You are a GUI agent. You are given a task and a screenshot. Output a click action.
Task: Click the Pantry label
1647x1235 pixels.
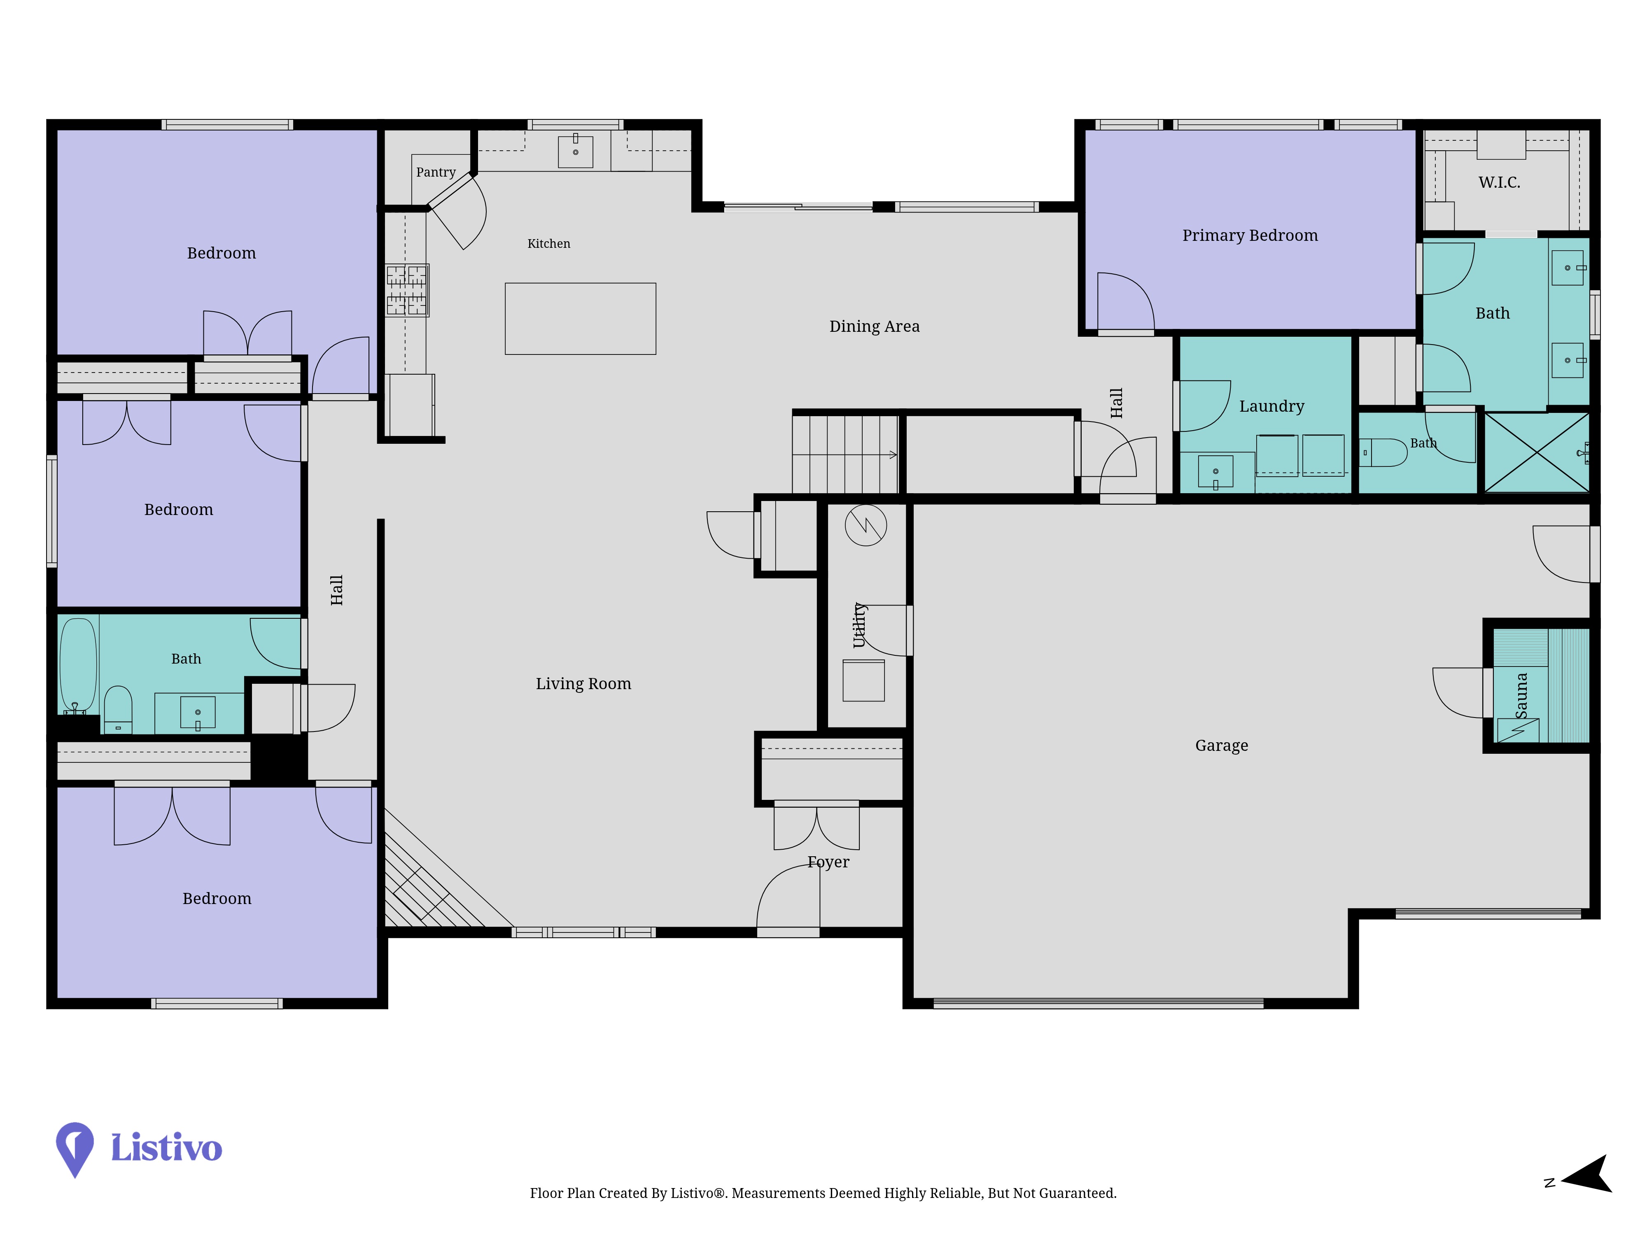pyautogui.click(x=436, y=172)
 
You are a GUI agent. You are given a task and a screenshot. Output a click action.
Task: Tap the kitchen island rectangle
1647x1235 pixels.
pyautogui.click(x=580, y=319)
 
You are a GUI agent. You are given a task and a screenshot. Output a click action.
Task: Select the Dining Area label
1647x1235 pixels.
pyautogui.click(x=874, y=326)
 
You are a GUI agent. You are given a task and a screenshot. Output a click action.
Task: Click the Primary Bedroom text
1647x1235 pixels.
pyautogui.click(x=1249, y=235)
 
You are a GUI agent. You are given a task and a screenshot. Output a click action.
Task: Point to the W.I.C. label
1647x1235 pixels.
pyautogui.click(x=1499, y=182)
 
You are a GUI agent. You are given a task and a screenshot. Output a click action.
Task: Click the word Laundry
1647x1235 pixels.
pyautogui.click(x=1271, y=406)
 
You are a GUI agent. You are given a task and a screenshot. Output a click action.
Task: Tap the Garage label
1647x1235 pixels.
pyautogui.click(x=1221, y=745)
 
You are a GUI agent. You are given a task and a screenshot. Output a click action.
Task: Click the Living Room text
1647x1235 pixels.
pyautogui.click(x=583, y=683)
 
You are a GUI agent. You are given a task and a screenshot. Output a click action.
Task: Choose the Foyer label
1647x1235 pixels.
pyautogui.click(x=828, y=862)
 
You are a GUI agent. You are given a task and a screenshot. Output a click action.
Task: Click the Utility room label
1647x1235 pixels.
pyautogui.click(x=859, y=625)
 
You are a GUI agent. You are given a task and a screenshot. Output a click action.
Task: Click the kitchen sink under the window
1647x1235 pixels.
pyautogui.click(x=576, y=151)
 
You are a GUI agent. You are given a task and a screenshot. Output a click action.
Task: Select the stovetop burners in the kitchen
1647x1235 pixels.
pyautogui.click(x=406, y=290)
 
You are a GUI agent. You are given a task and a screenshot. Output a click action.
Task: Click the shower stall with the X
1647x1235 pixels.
pyautogui.click(x=1537, y=452)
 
